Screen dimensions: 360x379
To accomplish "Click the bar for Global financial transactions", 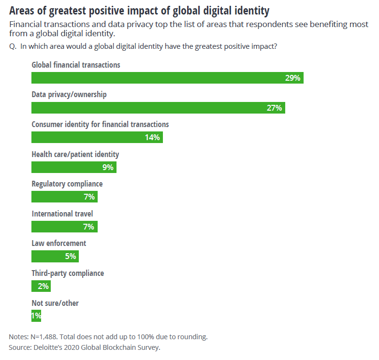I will pyautogui.click(x=167, y=78).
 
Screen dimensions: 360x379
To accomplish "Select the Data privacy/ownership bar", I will pyautogui.click(x=158, y=108).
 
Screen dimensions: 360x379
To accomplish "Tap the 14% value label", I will pyautogui.click(x=152, y=138).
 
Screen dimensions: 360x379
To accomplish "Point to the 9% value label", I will pyautogui.click(x=108, y=168).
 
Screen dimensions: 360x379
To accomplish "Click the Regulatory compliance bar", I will pyautogui.click(x=64, y=197).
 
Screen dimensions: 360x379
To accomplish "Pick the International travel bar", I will pyautogui.click(x=64, y=227).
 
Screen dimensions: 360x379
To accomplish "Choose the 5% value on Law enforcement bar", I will pyautogui.click(x=71, y=257).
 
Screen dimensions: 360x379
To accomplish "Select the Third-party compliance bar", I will pyautogui.click(x=41, y=287).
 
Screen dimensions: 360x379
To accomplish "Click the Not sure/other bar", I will pyautogui.click(x=36, y=316).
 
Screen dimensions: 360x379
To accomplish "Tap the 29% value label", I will pyautogui.click(x=293, y=78).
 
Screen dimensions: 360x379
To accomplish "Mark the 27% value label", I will pyautogui.click(x=274, y=108).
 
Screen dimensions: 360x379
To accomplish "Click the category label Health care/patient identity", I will pyautogui.click(x=75, y=154).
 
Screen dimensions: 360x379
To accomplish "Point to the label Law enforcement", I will pyautogui.click(x=58, y=243).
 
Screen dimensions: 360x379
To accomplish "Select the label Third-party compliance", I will pyautogui.click(x=68, y=273).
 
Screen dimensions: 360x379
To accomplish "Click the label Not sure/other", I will pyautogui.click(x=55, y=303).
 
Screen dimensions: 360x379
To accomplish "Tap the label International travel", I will pyautogui.click(x=62, y=213).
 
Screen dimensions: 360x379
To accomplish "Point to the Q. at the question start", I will pyautogui.click(x=13, y=46).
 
